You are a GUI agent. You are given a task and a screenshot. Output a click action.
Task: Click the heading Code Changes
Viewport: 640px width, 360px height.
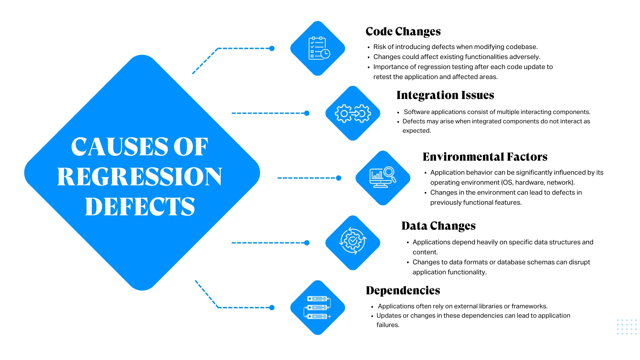(x=403, y=31)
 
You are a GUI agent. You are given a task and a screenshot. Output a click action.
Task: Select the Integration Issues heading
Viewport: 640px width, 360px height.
(x=445, y=95)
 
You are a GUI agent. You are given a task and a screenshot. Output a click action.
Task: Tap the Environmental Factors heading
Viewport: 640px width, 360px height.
(x=485, y=157)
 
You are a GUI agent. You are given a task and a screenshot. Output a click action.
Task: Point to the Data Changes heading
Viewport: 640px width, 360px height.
(x=438, y=226)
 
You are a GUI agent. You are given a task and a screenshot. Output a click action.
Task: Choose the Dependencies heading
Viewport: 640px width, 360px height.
(x=403, y=290)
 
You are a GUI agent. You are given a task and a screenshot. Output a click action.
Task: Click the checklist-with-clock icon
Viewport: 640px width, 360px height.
(x=318, y=48)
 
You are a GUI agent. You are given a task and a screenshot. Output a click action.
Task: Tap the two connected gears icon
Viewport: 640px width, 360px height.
(x=353, y=113)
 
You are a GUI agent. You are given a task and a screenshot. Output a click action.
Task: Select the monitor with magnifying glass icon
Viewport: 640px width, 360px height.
(x=383, y=178)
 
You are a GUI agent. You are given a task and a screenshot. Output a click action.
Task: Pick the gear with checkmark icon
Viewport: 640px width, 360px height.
(x=353, y=241)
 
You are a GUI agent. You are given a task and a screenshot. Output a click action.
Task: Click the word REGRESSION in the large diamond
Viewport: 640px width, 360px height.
(x=139, y=177)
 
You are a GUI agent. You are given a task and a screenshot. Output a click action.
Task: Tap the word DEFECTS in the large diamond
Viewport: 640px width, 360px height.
(x=140, y=207)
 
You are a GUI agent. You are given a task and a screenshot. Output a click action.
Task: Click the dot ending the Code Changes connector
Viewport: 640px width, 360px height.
(x=272, y=48)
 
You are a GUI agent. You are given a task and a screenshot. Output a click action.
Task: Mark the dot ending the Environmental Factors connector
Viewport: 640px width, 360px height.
(x=339, y=178)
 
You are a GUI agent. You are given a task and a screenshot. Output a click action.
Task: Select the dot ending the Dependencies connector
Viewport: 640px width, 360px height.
(x=272, y=308)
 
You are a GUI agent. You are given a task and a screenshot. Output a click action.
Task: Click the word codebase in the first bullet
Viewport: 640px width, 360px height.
(x=521, y=47)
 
